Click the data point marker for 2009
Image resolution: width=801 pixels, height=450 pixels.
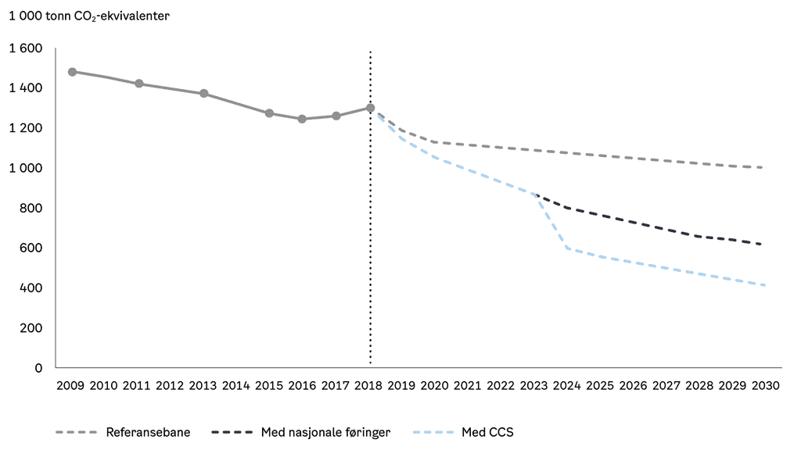[72, 72]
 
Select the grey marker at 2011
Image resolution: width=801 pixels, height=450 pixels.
[138, 84]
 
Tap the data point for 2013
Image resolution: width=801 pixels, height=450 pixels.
[204, 94]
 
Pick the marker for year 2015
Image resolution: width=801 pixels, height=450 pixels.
[269, 113]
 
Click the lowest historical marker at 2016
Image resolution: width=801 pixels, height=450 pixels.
[302, 120]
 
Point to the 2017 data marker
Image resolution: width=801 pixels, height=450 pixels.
[336, 116]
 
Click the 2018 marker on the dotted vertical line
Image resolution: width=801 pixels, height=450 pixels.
[370, 108]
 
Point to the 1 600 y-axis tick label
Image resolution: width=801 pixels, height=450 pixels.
[26, 48]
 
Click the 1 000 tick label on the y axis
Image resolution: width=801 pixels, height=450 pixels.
[26, 168]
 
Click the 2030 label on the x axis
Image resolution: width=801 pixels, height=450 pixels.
[765, 386]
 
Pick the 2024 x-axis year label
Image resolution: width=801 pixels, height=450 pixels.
[567, 386]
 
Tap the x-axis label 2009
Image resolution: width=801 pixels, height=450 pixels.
[71, 386]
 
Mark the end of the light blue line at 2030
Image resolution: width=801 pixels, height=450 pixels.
[763, 285]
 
